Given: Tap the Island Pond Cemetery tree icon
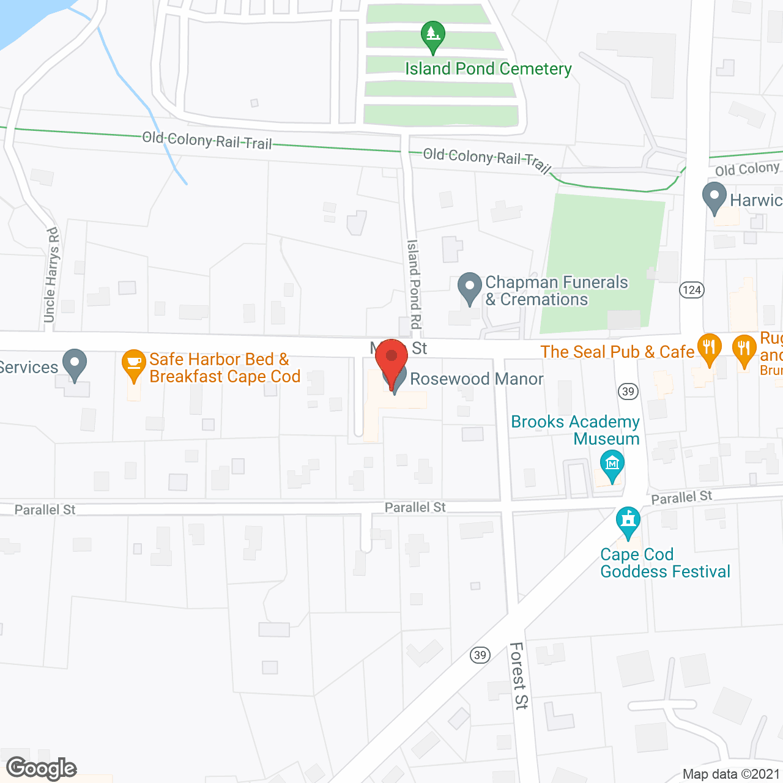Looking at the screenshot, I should click(432, 35).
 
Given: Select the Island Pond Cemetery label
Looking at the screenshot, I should click(488, 69).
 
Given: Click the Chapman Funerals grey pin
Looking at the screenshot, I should click(469, 288).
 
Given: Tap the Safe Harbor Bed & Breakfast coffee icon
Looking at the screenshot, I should click(134, 363).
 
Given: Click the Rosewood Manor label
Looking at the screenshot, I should click(477, 379).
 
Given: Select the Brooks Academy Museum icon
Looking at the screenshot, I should click(612, 465).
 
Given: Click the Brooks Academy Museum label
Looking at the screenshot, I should click(576, 430).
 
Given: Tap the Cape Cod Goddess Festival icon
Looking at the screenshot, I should click(628, 522).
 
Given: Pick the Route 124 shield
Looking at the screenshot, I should click(692, 289).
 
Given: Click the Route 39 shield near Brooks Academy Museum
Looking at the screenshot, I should click(628, 391).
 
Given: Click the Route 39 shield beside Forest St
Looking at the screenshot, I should click(480, 655).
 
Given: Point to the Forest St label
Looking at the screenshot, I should click(519, 675).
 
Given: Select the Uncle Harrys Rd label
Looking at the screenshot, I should click(51, 275).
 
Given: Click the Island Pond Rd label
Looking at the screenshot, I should click(414, 284).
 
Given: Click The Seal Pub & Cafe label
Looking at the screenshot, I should click(617, 352).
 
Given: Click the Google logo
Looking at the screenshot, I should click(42, 768).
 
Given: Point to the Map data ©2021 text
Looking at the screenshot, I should click(732, 774).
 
